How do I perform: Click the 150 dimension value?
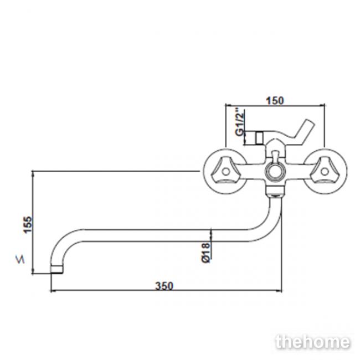tap(275, 101)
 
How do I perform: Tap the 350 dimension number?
tap(164, 286)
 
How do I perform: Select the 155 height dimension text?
tap(28, 224)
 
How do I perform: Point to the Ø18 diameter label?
tap(205, 253)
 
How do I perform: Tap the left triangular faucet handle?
tap(224, 171)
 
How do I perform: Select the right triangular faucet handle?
tap(324, 171)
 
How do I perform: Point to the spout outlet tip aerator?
tap(56, 270)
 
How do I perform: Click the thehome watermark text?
tap(313, 342)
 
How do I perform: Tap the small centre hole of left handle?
tap(226, 171)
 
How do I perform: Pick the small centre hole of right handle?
tap(325, 171)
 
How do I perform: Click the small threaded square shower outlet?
tap(260, 138)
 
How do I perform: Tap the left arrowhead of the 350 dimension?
tap(53, 291)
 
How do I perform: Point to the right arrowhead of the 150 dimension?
tap(322, 105)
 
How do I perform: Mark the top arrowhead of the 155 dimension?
tap(33, 173)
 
